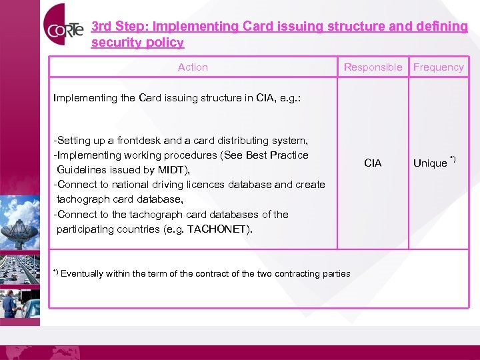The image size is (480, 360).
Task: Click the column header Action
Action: [193, 67]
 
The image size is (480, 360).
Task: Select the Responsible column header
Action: [373, 67]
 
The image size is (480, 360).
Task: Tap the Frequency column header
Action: [438, 67]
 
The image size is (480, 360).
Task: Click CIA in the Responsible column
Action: [373, 163]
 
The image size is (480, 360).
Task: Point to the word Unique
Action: [430, 163]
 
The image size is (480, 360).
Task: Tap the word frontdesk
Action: [139, 141]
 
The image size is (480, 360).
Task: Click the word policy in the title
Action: [166, 43]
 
